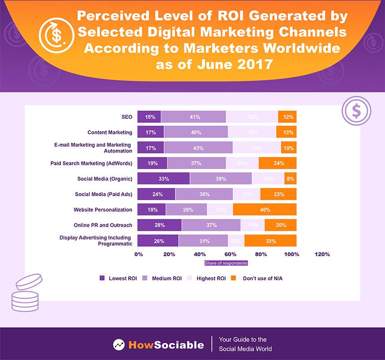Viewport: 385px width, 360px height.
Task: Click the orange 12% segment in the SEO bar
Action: click(287, 117)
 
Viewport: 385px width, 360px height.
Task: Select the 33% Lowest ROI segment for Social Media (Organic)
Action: click(164, 179)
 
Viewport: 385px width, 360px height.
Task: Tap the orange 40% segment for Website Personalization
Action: click(265, 210)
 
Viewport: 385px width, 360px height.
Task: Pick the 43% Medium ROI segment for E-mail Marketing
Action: click(198, 148)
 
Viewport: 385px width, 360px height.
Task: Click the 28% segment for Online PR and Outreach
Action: click(159, 225)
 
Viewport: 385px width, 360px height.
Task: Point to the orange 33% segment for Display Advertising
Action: click(270, 241)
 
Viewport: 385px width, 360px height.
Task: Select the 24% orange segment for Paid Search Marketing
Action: click(278, 163)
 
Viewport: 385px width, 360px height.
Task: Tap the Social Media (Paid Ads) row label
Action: click(104, 194)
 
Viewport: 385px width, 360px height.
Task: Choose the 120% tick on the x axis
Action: click(322, 254)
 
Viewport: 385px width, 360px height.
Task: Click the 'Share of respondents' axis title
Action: click(226, 263)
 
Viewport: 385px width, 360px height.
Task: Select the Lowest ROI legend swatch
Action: click(102, 278)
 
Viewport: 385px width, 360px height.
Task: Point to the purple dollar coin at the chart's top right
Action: click(357, 111)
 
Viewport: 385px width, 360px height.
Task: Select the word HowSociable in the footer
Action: click(166, 345)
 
